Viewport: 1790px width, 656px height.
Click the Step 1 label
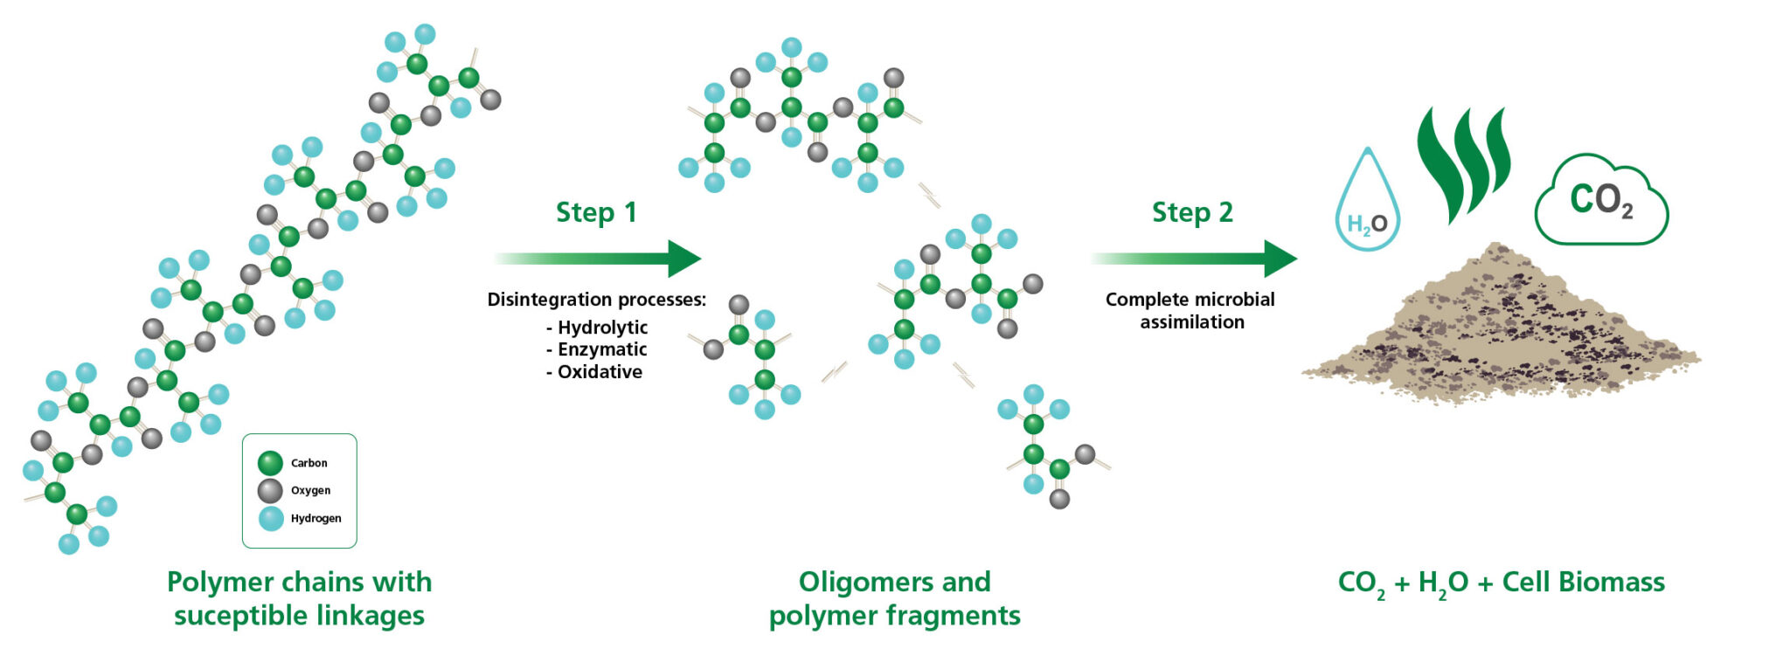(x=596, y=212)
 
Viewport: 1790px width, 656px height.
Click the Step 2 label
(x=1192, y=212)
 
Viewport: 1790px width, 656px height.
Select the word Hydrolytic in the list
(x=602, y=328)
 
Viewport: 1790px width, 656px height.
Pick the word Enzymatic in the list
(x=602, y=349)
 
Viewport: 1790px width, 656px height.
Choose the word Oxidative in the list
(x=600, y=372)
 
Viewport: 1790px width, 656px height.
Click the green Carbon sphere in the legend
(x=270, y=463)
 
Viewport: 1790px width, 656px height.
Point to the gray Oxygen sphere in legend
(x=270, y=490)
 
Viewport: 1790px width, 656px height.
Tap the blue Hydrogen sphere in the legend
(x=271, y=518)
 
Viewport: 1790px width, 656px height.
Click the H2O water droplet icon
(x=1368, y=205)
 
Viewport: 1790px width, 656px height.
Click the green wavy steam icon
(x=1464, y=162)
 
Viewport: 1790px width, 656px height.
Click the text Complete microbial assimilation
(x=1190, y=310)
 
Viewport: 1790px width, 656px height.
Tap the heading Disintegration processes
(x=596, y=300)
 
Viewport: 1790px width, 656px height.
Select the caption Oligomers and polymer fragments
(x=894, y=598)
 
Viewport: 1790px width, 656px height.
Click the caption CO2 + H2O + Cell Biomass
(x=1501, y=583)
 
